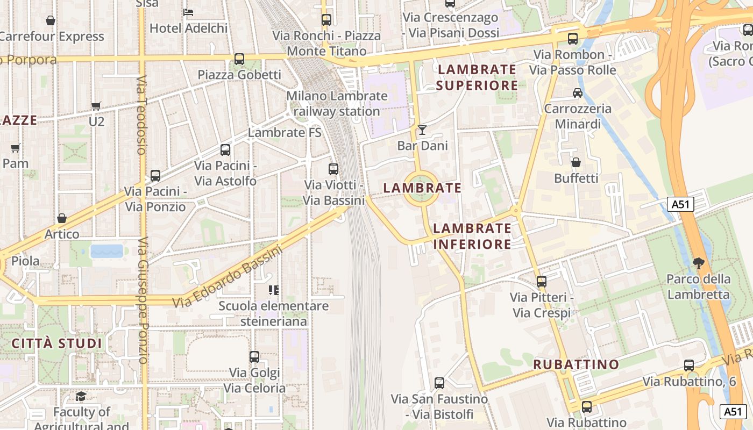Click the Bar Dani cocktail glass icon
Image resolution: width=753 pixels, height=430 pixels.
point(422,130)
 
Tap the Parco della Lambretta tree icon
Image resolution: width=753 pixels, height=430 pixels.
point(699,263)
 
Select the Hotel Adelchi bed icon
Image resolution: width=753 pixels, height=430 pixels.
point(188,12)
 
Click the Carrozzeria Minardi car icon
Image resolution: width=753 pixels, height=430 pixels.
point(578,93)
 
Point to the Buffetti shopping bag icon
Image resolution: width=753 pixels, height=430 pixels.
point(576,162)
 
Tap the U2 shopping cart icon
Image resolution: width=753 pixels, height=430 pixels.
point(96,106)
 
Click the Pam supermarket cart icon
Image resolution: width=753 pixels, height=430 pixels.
point(16,148)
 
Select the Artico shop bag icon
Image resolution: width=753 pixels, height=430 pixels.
point(62,219)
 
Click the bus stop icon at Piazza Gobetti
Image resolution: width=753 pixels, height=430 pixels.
point(239,59)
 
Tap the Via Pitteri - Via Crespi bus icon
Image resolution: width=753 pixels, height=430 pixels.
point(542,282)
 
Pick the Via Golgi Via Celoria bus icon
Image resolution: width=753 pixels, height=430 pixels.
point(254,357)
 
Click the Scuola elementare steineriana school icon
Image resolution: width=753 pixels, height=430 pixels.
point(274,290)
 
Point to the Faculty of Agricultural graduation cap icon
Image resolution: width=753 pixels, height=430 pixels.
point(81,397)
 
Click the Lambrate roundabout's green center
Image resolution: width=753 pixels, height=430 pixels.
point(421,188)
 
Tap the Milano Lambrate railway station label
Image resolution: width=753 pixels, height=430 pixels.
point(337,104)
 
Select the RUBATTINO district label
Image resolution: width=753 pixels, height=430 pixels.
point(576,364)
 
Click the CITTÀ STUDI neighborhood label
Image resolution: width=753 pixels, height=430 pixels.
point(56,343)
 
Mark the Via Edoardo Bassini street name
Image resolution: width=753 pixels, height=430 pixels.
point(228,277)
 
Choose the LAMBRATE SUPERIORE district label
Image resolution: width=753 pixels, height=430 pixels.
point(477,77)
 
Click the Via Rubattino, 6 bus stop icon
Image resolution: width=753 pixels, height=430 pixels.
point(689,365)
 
